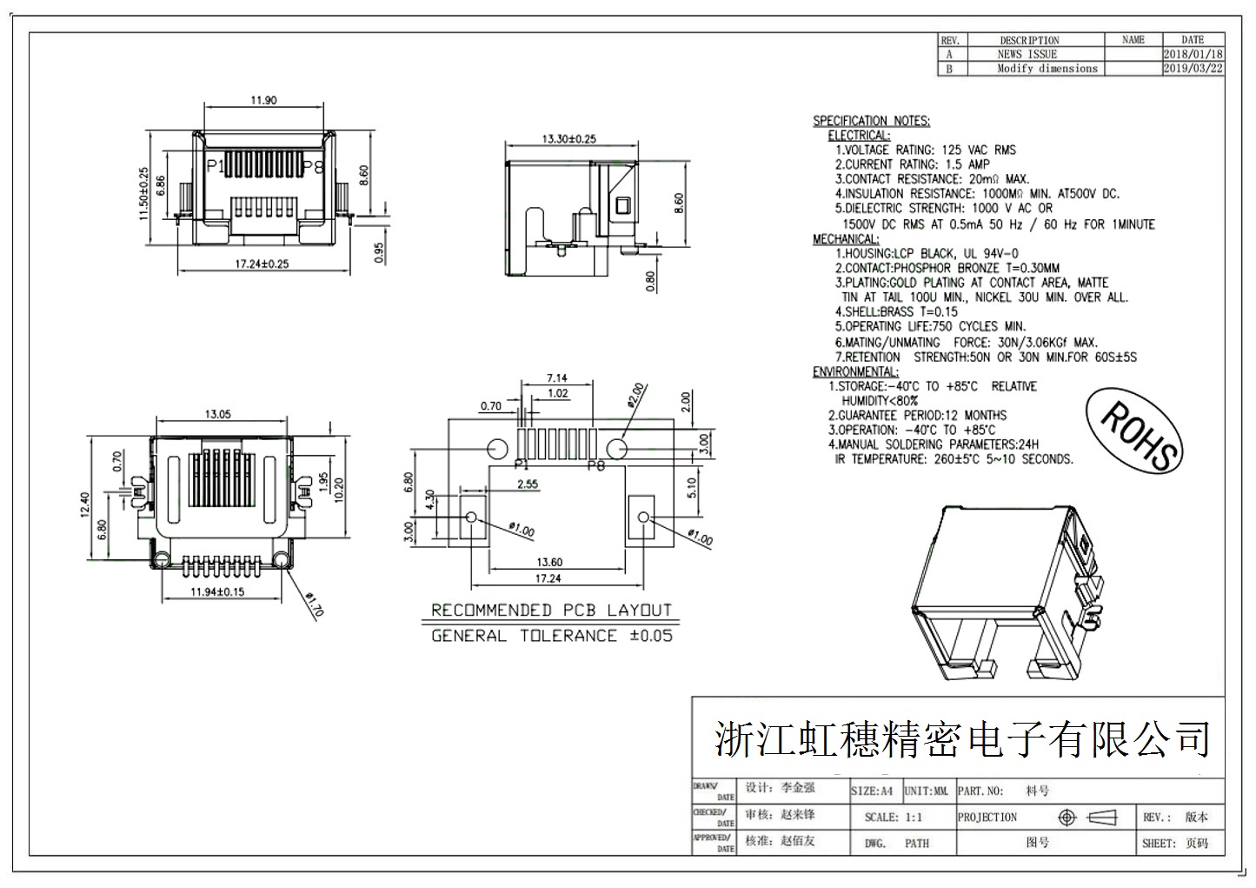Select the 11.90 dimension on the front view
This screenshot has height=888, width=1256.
[x=263, y=100]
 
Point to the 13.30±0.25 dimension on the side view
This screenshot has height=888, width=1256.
[x=569, y=138]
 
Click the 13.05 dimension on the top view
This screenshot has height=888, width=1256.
[x=217, y=415]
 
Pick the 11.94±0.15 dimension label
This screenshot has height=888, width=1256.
[x=217, y=592]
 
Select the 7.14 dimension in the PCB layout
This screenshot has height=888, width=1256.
[x=556, y=378]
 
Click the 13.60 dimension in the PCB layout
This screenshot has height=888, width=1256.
[x=549, y=563]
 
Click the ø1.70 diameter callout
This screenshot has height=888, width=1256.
[x=315, y=604]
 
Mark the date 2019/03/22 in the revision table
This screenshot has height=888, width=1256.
[x=1193, y=69]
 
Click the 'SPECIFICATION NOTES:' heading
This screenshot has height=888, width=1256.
[x=871, y=121]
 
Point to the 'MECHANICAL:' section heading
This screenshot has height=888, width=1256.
[x=846, y=239]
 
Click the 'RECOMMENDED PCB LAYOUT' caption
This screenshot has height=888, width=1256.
[x=552, y=611]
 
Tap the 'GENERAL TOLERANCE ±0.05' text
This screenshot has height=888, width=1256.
[x=552, y=636]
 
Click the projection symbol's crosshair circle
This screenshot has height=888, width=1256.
[x=1067, y=818]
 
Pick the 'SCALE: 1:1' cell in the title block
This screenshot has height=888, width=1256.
[x=894, y=818]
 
